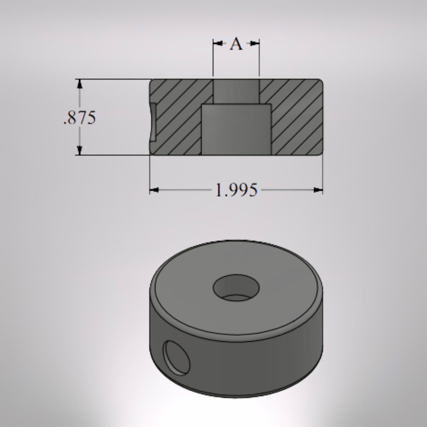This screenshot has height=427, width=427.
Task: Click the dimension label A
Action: [x=236, y=44]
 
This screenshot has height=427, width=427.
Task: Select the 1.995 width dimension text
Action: [x=236, y=190]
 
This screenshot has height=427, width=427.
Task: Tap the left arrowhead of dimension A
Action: [x=218, y=43]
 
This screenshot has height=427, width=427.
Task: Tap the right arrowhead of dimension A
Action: [x=254, y=43]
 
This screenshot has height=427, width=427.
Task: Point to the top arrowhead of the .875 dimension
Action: [x=79, y=84]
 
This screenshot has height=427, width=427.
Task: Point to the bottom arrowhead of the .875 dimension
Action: [x=79, y=150]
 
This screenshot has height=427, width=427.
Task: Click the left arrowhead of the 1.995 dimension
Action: [x=154, y=190]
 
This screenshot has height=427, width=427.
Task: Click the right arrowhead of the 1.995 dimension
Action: [x=318, y=190]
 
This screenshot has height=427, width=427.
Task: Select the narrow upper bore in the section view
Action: [x=236, y=91]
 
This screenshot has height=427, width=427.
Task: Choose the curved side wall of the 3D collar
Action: [x=251, y=363]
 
